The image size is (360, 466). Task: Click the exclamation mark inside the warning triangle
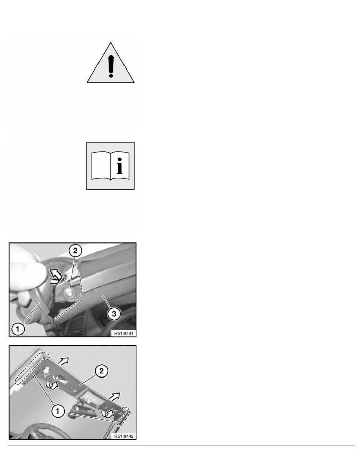[x=111, y=66]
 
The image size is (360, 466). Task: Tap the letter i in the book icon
[x=119, y=166]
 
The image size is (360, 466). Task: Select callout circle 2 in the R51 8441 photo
[x=75, y=251]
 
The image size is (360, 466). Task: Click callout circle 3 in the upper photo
[x=114, y=313]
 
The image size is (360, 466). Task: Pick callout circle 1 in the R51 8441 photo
[x=18, y=329]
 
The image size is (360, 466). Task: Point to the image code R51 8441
[x=124, y=333]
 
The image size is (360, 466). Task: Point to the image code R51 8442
[x=124, y=436]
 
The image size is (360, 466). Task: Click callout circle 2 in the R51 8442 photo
[x=101, y=371]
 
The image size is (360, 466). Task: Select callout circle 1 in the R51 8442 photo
[x=58, y=411]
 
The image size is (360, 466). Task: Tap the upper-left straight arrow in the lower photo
[x=64, y=361]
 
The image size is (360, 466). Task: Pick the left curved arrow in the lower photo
[x=52, y=384]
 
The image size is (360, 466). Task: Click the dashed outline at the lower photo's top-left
[x=33, y=367]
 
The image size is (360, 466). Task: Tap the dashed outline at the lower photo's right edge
[x=124, y=417]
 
